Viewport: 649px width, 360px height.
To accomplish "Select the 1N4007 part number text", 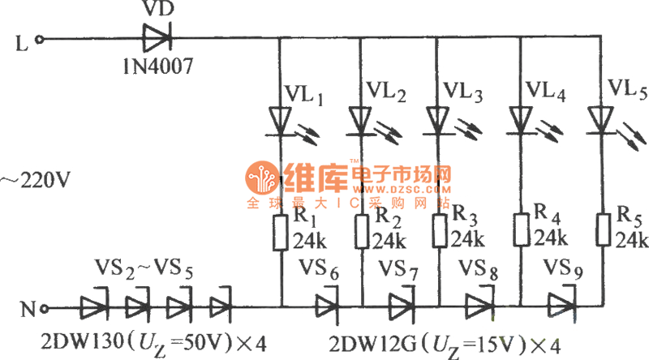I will point(157,65).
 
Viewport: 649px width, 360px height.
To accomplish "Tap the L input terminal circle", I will point(43,38).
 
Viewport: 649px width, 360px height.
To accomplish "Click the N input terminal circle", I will point(44,308).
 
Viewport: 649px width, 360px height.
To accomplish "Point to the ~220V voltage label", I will point(33,178).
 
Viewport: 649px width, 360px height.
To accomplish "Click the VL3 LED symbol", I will point(439,121).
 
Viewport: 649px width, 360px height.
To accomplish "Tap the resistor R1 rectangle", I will point(281,231).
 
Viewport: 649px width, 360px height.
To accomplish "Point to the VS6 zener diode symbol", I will point(326,307).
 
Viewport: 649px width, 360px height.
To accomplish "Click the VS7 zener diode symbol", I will point(401,307).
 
